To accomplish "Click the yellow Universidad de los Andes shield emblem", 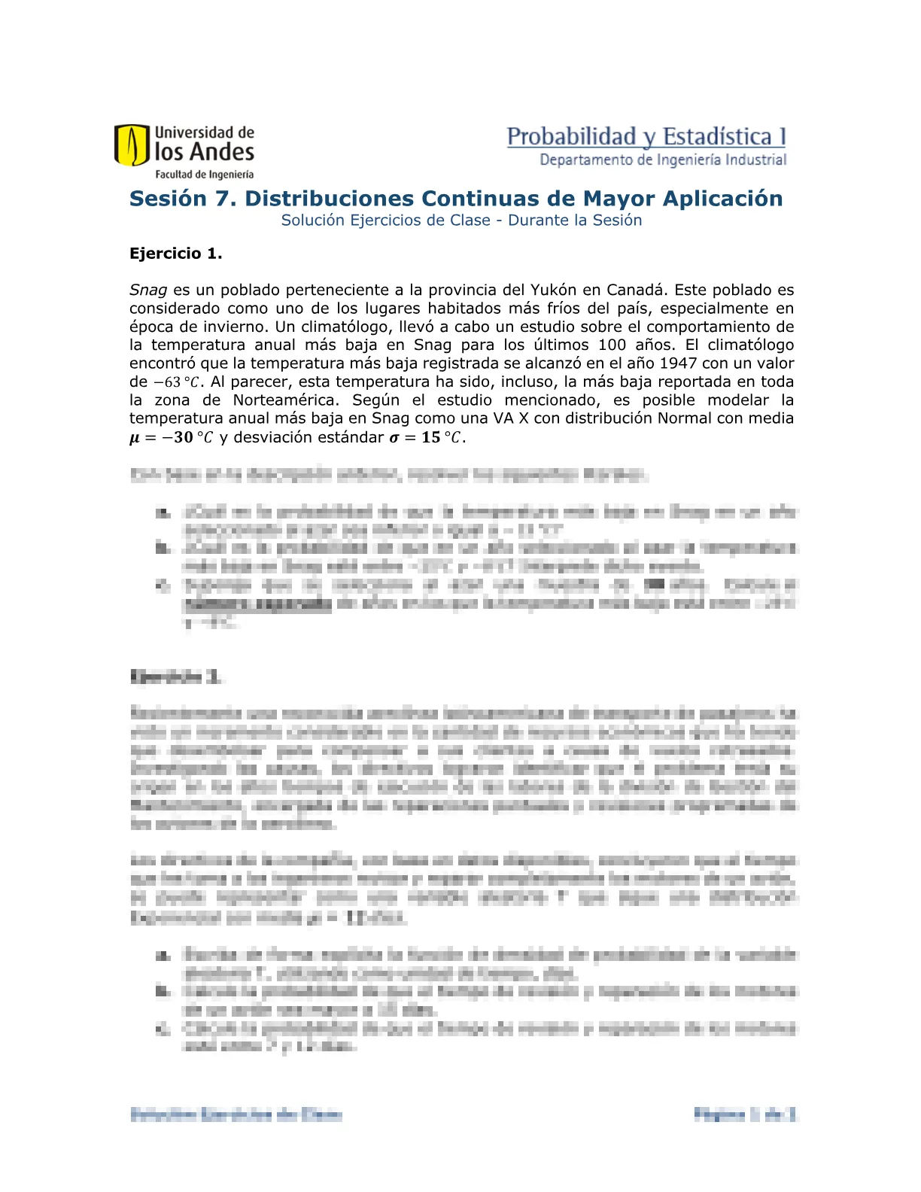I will coord(132,145).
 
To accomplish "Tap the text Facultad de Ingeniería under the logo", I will coord(204,175).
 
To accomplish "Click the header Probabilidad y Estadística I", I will coord(646,137).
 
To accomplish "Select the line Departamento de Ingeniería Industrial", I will coord(663,160).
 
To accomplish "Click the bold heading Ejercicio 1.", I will coord(175,254).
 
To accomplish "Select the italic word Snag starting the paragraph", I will coord(147,290).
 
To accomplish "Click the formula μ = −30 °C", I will coord(171,438).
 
